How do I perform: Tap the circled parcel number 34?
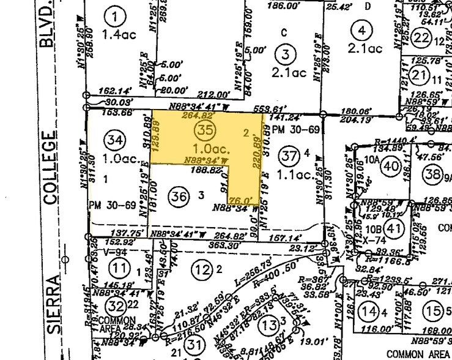tap(114, 140)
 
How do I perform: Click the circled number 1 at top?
tap(114, 13)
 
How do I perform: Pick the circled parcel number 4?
tap(364, 29)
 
